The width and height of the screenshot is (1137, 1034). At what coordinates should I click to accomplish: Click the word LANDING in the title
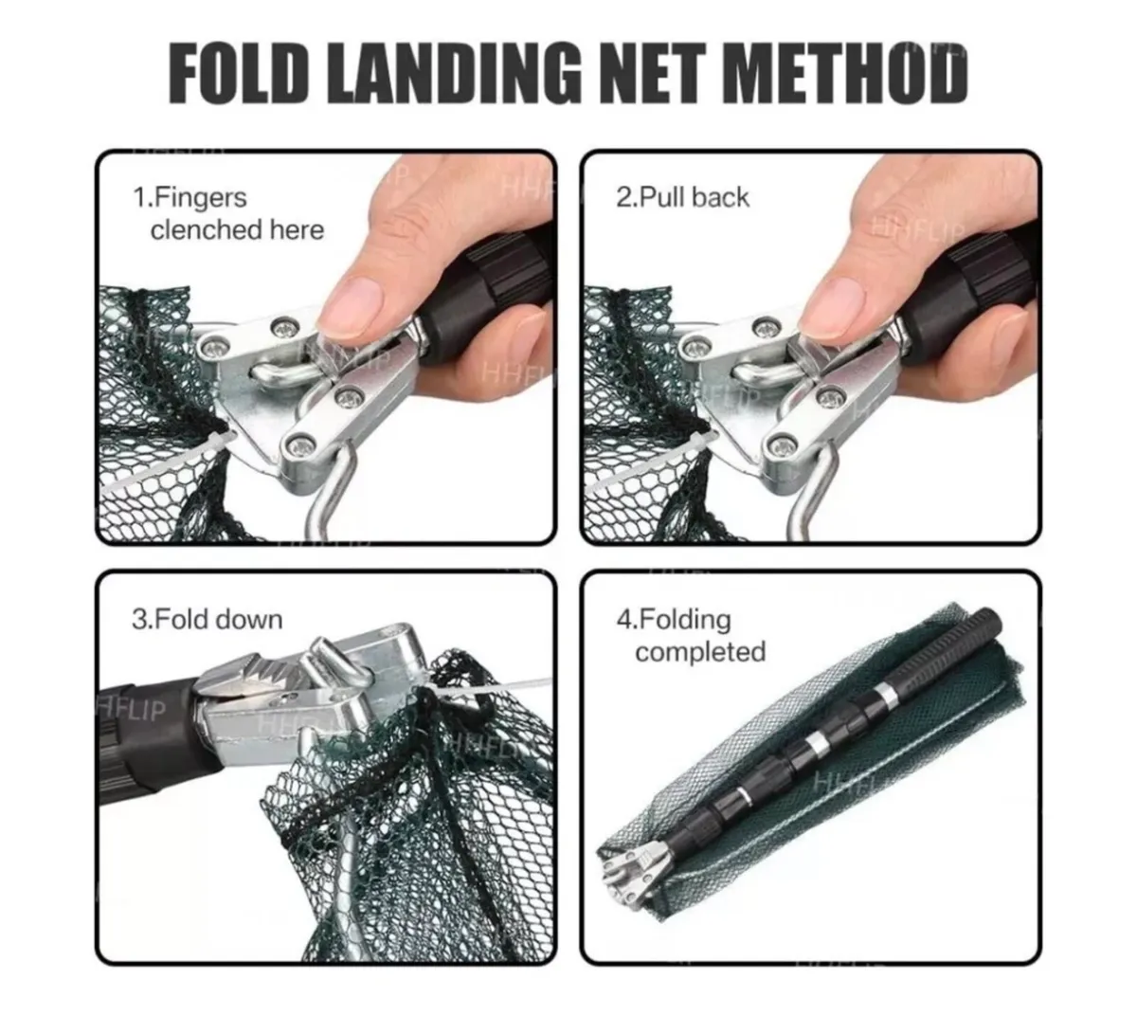click(459, 73)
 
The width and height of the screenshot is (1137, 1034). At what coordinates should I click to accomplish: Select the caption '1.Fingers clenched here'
click(227, 213)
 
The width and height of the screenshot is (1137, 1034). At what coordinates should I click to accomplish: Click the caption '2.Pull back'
click(681, 197)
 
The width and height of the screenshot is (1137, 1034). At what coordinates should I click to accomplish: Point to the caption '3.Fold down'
click(207, 620)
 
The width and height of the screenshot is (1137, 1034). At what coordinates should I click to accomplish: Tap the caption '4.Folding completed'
click(690, 636)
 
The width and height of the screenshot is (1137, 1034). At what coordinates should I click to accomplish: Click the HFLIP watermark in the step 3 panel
click(133, 710)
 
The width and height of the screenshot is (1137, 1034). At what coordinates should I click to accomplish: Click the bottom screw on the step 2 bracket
click(784, 444)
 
